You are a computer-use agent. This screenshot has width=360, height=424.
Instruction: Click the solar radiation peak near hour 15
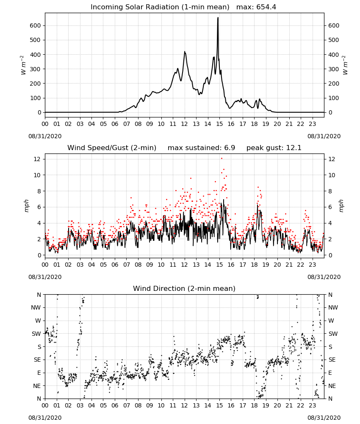tap(218, 18)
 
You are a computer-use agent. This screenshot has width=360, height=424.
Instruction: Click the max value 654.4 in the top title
tap(266, 7)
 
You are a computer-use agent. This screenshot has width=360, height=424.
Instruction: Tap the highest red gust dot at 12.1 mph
tap(222, 158)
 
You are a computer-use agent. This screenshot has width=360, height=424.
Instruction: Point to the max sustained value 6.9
tap(230, 148)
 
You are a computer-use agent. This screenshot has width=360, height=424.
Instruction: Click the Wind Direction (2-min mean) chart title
tap(184, 288)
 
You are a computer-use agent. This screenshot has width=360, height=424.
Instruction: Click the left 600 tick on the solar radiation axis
tap(36, 25)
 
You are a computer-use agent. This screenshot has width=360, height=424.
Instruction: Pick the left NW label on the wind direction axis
tap(36, 307)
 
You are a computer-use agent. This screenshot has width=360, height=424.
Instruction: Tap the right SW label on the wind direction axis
tap(333, 334)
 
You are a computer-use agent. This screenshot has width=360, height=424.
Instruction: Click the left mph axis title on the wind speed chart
tap(26, 206)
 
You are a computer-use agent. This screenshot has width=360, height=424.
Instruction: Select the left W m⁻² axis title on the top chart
tap(23, 65)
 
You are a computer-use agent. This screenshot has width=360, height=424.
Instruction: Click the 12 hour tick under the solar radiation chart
tap(184, 124)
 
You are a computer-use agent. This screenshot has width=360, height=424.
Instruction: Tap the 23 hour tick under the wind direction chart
tap(312, 405)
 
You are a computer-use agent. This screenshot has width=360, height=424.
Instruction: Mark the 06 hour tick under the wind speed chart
tap(115, 265)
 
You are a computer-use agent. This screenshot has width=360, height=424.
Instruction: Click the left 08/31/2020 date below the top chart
tap(45, 136)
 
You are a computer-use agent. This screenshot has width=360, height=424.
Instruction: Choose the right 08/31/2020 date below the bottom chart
tap(324, 418)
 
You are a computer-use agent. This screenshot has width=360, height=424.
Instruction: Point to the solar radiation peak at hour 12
tap(185, 52)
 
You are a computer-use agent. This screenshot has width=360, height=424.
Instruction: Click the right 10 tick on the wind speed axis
tap(332, 175)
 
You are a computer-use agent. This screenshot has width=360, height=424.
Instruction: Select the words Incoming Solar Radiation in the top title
tap(135, 7)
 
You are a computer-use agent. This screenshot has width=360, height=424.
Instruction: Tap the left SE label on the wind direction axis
tap(37, 360)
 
